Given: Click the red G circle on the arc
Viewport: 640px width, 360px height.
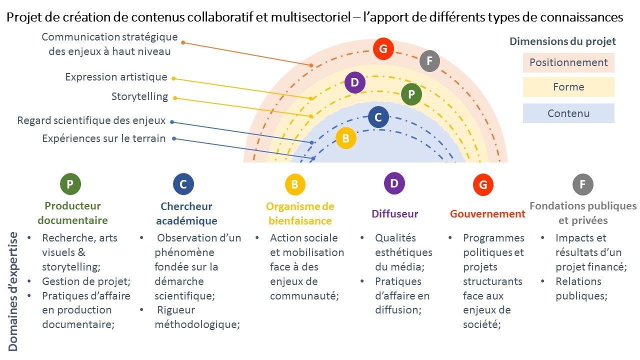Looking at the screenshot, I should [x=383, y=49].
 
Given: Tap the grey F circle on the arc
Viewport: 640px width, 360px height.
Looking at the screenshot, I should [x=429, y=61].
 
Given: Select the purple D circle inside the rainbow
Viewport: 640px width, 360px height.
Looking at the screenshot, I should [x=354, y=82].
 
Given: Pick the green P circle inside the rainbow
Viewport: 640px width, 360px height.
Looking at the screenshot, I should [x=411, y=94].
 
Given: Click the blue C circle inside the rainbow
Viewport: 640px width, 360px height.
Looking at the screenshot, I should [x=378, y=117].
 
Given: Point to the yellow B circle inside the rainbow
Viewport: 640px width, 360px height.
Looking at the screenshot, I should [x=345, y=138].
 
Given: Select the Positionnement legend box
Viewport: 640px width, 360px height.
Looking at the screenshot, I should [x=568, y=63].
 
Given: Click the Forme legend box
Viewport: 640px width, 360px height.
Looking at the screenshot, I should [x=568, y=87].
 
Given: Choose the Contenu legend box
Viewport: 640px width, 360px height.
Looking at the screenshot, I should [x=568, y=113].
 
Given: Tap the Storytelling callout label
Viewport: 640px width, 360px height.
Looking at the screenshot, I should [x=139, y=96].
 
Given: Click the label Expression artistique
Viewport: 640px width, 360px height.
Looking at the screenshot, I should [x=116, y=77].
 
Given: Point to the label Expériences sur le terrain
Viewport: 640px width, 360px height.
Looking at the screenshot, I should [x=103, y=138].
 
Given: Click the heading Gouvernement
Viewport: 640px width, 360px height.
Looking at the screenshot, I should [x=487, y=214].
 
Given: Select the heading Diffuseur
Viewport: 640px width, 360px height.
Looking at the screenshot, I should [x=394, y=214].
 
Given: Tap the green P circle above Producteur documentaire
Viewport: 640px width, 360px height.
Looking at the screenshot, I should [x=70, y=184].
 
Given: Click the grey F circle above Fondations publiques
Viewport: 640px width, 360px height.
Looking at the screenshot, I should [x=582, y=184].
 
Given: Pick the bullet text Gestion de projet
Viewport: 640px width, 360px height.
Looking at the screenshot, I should [x=86, y=281].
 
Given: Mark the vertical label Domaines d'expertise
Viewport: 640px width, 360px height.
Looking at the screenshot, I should [x=13, y=291].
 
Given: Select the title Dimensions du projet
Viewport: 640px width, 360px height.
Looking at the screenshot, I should [x=562, y=41].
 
